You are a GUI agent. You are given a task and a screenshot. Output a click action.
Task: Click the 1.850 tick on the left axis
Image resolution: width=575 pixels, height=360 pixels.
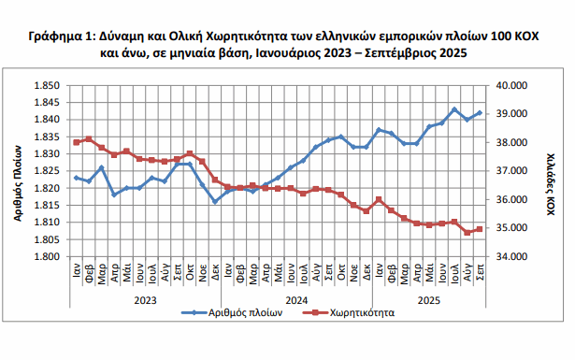point(46,85)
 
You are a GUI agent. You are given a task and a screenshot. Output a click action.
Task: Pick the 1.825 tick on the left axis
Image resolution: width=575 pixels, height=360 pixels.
point(46,171)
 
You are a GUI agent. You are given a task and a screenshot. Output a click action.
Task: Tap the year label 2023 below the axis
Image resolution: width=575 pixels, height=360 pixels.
point(145,299)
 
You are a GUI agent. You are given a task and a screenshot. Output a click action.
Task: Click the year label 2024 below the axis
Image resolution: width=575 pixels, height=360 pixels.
point(296,299)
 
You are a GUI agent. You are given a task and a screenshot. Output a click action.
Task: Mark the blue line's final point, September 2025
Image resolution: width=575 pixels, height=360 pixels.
point(480,113)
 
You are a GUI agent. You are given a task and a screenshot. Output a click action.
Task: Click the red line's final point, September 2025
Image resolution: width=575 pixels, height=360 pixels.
point(480,229)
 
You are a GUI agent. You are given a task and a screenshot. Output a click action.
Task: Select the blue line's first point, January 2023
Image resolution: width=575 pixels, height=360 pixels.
point(76,178)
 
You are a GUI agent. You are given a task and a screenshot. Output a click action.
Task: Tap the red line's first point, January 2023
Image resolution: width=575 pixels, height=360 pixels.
point(76,142)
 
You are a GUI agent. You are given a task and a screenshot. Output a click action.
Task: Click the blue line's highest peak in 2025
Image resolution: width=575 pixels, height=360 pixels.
point(454,109)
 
